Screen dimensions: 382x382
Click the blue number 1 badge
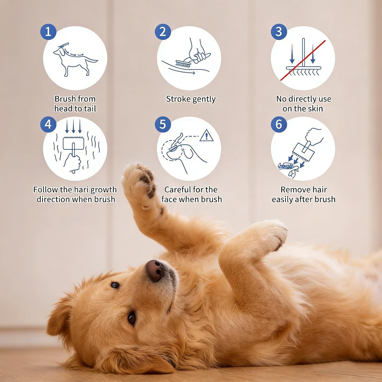(48, 32)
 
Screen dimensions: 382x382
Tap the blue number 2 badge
(163, 32)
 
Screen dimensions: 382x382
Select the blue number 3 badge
(279, 32)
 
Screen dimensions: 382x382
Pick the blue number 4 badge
(48, 124)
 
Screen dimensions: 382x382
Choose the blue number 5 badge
(163, 124)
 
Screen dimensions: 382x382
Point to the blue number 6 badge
(279, 124)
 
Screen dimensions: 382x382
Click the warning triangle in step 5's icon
(206, 135)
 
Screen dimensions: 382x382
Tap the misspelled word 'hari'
(81, 189)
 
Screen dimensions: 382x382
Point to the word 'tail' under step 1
(90, 108)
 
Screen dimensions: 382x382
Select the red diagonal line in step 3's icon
(303, 60)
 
